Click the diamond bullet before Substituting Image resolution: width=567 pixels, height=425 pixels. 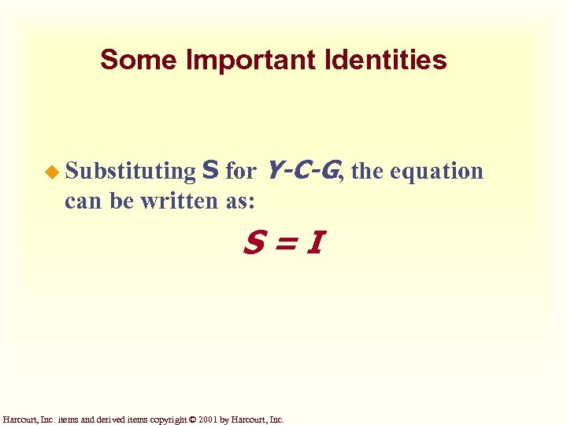pos(53,171)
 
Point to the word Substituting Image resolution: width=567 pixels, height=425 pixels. pos(130,171)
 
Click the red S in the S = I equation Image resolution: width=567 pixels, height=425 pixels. pos(254,245)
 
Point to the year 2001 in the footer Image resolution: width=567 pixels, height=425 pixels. pos(208,419)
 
